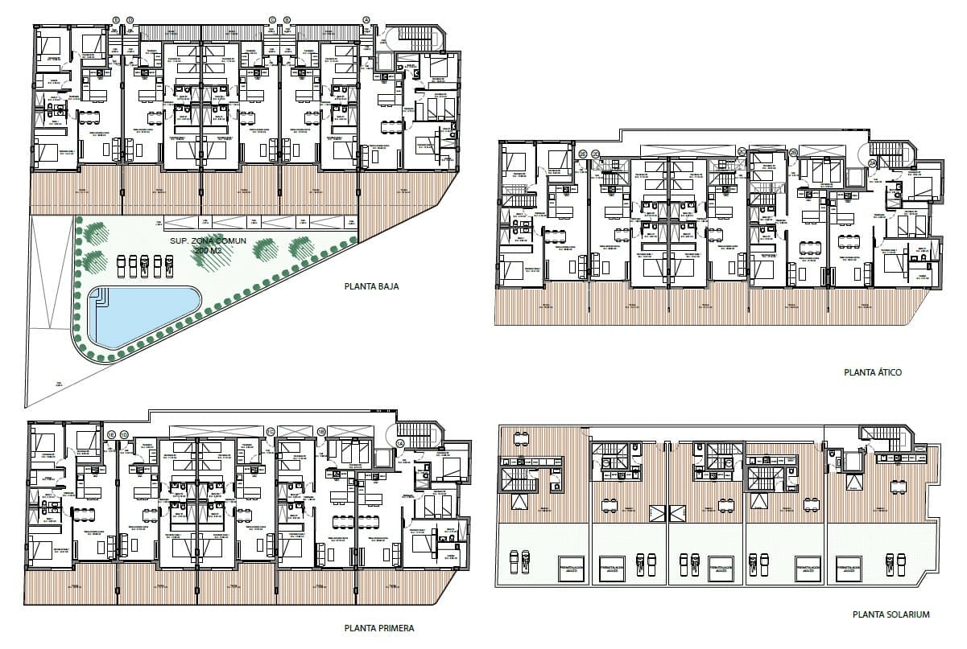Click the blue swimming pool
137,316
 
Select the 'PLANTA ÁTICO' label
873,372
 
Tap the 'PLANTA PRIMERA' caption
378,628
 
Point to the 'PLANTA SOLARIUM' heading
891,614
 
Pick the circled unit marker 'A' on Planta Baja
366,20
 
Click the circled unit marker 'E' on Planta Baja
117,20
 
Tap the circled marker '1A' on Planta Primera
400,443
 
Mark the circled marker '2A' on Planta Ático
871,162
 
